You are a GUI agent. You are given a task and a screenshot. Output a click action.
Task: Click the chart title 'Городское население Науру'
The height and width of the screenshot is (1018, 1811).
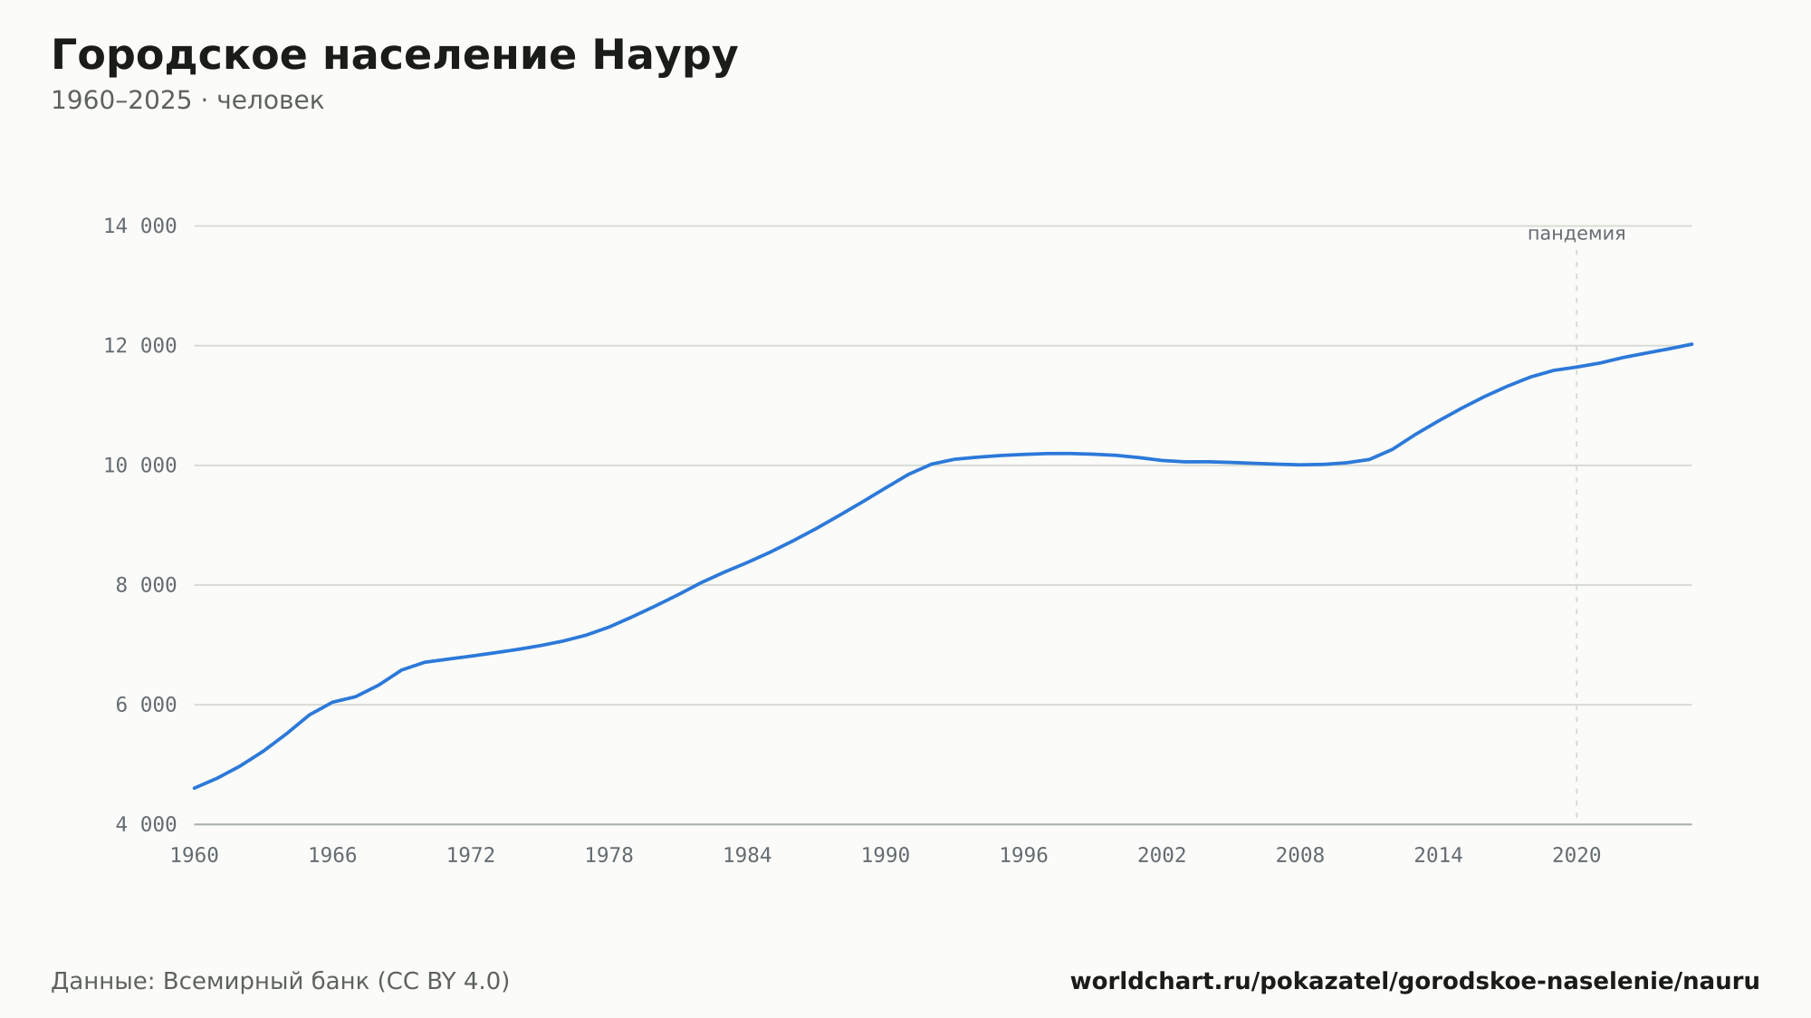[x=395, y=55]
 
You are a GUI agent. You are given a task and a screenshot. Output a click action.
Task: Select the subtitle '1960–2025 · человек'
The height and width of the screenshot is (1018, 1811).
[x=187, y=101]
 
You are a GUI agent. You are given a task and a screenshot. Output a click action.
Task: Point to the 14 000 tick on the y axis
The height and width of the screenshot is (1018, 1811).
[x=140, y=226]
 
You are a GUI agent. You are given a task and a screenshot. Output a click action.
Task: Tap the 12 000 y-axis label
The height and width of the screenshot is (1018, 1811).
[x=140, y=346]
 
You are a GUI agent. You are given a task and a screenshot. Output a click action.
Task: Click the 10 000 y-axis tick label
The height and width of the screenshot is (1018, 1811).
[x=140, y=466]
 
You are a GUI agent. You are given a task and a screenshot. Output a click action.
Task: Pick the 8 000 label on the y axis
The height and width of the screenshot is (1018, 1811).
[x=146, y=585]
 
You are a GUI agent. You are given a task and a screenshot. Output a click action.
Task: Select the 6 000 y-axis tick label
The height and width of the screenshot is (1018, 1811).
[x=146, y=705]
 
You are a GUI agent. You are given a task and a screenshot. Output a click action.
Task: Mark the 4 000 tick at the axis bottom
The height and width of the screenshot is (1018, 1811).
[x=146, y=824]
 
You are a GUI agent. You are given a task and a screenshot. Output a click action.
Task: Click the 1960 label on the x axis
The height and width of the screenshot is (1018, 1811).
[x=195, y=856]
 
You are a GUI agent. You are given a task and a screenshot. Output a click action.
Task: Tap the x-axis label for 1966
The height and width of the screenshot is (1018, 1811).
[x=332, y=856]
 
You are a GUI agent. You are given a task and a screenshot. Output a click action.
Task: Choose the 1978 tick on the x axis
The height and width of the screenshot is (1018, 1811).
[x=609, y=856]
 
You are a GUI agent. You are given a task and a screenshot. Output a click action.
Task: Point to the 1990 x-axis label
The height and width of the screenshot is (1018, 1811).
[x=886, y=856]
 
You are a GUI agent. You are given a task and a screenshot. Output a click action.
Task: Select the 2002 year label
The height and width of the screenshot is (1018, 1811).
[x=1162, y=856]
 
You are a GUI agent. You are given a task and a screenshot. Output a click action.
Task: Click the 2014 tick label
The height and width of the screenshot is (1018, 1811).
[x=1439, y=856]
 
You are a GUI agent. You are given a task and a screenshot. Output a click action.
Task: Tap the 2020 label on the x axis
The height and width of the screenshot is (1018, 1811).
[x=1576, y=856]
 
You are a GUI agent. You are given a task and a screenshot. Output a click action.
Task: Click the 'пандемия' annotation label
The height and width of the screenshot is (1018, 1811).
[x=1576, y=234]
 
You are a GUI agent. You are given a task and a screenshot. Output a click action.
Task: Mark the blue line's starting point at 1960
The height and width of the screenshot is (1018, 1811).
[x=195, y=788]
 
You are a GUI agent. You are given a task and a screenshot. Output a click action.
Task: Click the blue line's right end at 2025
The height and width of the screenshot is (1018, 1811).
[x=1691, y=344]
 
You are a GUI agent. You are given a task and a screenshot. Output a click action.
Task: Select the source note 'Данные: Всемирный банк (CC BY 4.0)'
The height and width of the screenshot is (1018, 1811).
[x=281, y=981]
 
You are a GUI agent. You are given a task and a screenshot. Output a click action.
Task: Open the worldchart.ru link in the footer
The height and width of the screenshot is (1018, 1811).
[x=1414, y=981]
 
